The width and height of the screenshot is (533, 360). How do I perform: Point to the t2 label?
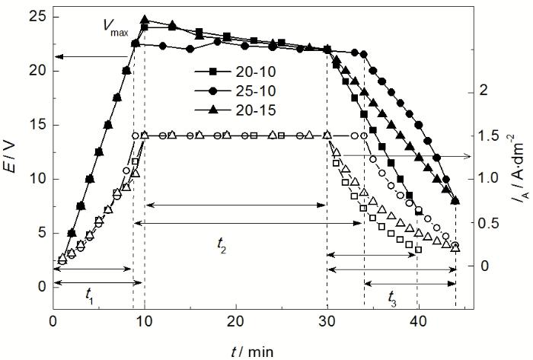pos(221,245)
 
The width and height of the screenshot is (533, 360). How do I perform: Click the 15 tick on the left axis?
pos(37,125)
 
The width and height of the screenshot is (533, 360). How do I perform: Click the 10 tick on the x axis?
pos(145,322)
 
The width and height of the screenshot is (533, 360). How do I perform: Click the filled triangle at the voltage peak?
pos(145,20)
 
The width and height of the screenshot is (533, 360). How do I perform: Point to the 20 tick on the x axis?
pos(236,322)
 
